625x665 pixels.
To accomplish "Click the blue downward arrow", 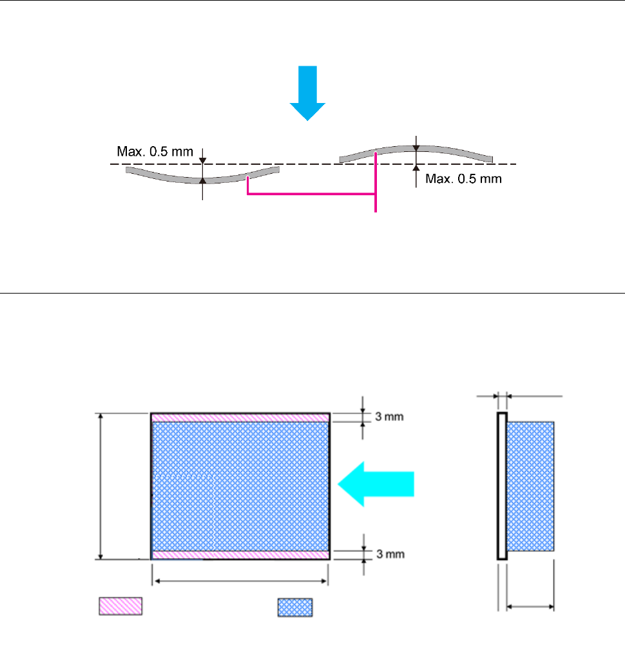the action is pos(307,93).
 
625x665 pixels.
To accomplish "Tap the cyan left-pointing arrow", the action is pos(376,484).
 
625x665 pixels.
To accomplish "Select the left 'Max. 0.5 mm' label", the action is pos(155,151).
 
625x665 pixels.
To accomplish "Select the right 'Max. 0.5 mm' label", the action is pos(464,178).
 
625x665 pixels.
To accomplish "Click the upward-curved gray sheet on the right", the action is pos(416,149).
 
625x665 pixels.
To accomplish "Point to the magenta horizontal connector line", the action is pos(311,194).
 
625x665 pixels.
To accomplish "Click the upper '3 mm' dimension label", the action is pos(389,417).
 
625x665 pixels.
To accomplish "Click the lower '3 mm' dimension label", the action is pos(390,554).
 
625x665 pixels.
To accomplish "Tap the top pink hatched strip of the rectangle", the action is pos(240,418).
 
